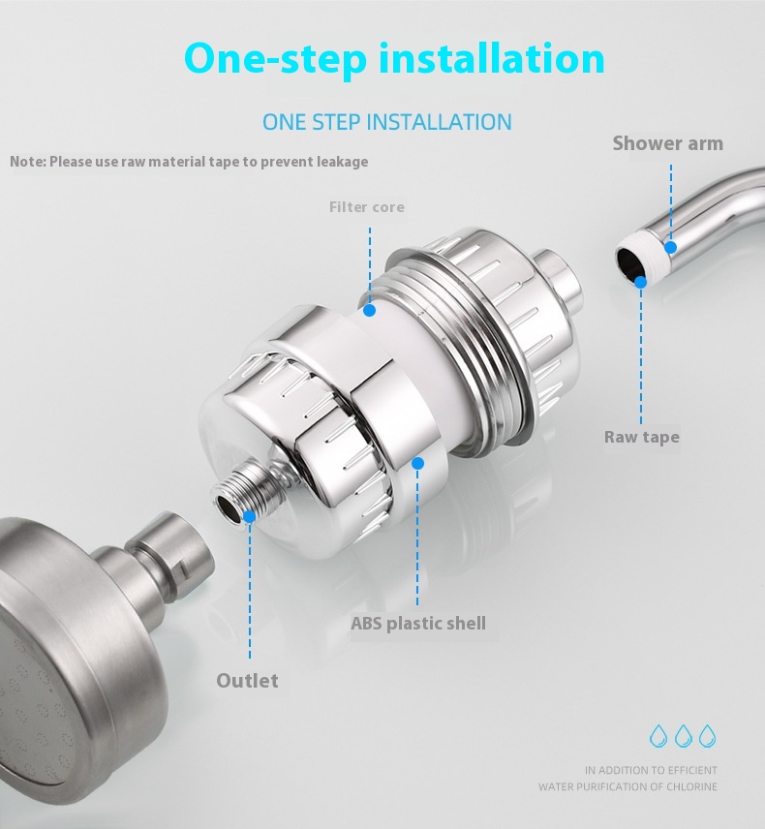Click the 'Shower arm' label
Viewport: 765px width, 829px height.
click(668, 143)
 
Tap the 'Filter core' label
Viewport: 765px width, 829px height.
click(367, 206)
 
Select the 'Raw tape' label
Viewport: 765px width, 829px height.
click(642, 437)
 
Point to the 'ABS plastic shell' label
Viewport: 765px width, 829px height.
click(418, 624)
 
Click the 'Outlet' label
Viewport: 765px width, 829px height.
click(247, 681)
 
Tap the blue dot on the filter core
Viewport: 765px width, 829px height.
click(370, 310)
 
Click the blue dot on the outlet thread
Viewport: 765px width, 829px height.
click(249, 516)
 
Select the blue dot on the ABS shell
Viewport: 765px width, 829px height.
click(417, 464)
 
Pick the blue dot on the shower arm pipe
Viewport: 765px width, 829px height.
click(670, 247)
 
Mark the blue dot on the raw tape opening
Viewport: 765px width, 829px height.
click(640, 282)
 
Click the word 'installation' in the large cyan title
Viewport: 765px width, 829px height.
click(492, 58)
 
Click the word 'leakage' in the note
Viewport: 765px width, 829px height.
click(343, 162)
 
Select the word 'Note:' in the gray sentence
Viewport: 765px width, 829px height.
click(28, 162)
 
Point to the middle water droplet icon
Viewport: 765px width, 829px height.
click(683, 735)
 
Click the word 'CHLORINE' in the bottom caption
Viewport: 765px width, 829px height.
click(692, 786)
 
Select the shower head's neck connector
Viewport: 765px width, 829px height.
click(168, 561)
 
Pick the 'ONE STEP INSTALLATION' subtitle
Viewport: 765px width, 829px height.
click(387, 122)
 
